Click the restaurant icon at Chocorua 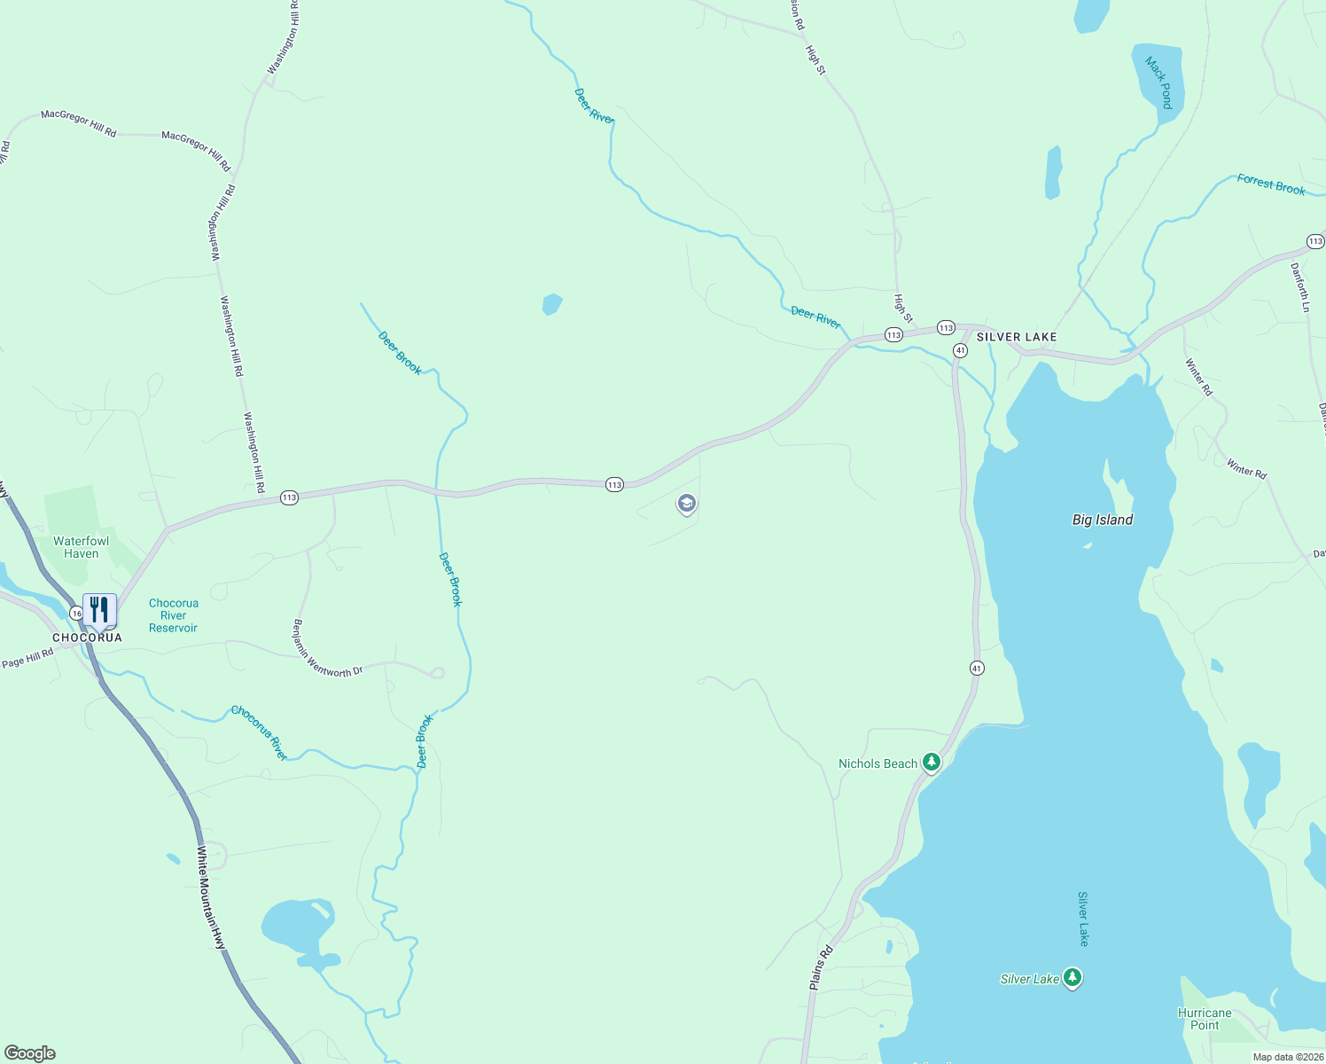(x=99, y=610)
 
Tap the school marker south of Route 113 (x=686, y=505)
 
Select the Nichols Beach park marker (x=931, y=762)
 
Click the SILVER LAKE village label (x=1017, y=338)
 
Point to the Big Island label (x=1103, y=520)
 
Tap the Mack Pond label (x=1158, y=82)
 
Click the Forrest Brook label (x=1271, y=184)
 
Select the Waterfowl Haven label (x=82, y=547)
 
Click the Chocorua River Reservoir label (x=174, y=615)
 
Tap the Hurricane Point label (x=1205, y=1019)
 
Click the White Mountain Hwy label (x=212, y=898)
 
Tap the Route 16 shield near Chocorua (x=76, y=613)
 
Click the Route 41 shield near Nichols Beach (x=976, y=668)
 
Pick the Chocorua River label (x=259, y=732)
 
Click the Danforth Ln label (x=1300, y=286)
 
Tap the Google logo (x=30, y=1053)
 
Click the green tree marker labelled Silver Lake (x=1072, y=978)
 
